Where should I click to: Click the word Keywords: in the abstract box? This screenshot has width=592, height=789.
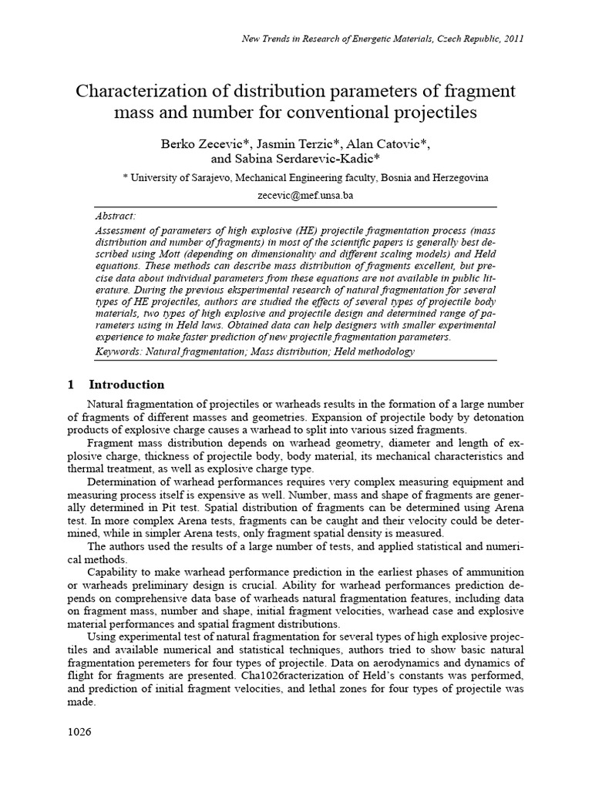click(x=120, y=351)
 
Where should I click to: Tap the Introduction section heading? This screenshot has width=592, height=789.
click(x=126, y=384)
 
